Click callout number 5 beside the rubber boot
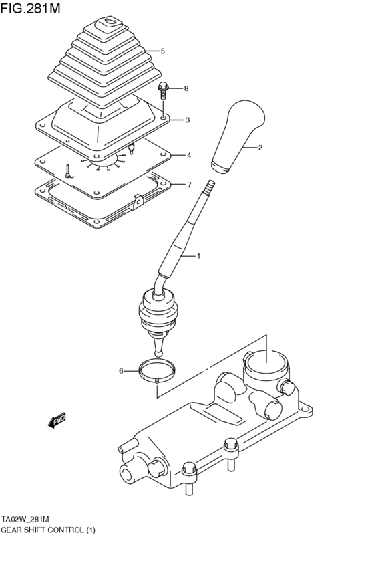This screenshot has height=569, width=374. [162, 51]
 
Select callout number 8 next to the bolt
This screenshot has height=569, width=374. [186, 88]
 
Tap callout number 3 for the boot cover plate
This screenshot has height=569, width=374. [188, 120]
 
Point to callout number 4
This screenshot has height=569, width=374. [189, 155]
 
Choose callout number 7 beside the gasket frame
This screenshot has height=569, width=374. [190, 185]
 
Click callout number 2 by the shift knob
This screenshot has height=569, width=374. [260, 148]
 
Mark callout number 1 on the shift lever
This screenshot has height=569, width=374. [198, 256]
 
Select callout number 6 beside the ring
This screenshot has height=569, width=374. [121, 370]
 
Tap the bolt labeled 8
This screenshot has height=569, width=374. [163, 89]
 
